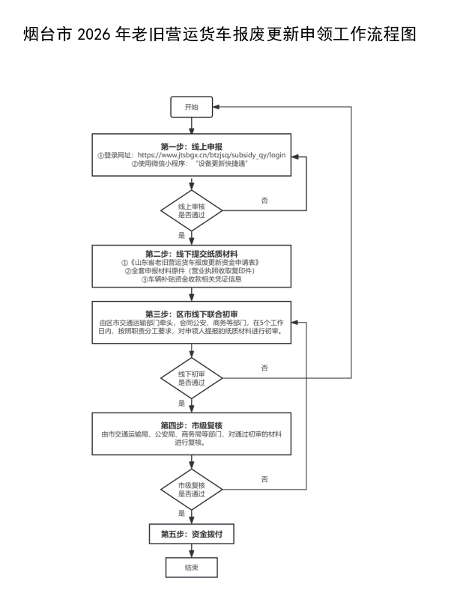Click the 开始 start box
[x=192, y=107]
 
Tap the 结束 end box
[x=192, y=568]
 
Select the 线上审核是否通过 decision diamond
[x=192, y=210]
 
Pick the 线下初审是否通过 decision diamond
[x=192, y=378]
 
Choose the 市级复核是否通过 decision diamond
[x=192, y=490]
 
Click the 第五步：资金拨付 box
[x=192, y=534]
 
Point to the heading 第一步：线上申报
[x=192, y=146]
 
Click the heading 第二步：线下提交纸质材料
[x=192, y=254]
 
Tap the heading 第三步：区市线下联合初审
[x=192, y=314]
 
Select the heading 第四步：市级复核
[x=192, y=425]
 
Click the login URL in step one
[x=211, y=155]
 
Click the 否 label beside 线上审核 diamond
[x=264, y=201]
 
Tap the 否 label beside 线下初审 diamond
[x=264, y=368]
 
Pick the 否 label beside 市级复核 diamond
[x=264, y=479]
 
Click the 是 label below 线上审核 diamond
[x=182, y=236]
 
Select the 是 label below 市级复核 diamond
[x=182, y=513]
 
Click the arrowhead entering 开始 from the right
[x=216, y=107]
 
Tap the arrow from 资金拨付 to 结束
[x=192, y=550]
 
